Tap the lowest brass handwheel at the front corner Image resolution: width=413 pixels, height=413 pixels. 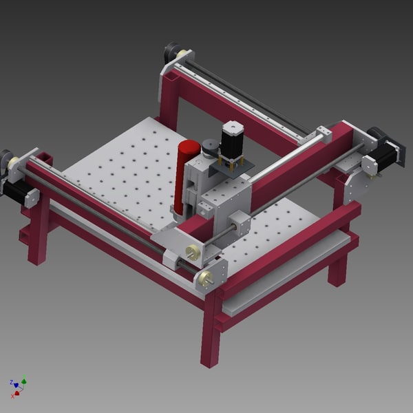point(204,279)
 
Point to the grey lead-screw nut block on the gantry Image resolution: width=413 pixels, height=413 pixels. point(239,222)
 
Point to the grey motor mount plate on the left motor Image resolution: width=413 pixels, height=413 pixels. point(32,197)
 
